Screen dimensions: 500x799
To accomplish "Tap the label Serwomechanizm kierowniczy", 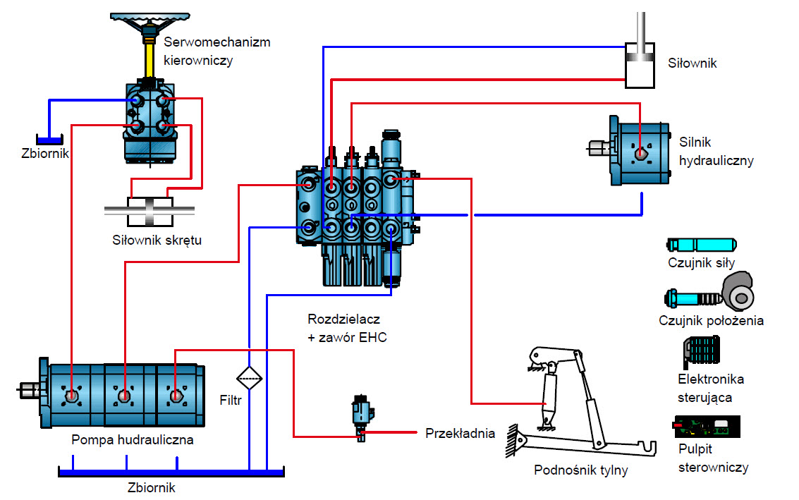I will (216, 51).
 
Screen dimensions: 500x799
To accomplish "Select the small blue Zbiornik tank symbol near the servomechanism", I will (49, 140).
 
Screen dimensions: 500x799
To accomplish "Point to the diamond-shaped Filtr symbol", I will (249, 379).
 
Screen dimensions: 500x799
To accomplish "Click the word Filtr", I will (231, 401).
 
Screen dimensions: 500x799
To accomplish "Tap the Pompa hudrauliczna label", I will (132, 440).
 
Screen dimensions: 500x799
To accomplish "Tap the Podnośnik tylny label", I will (580, 470).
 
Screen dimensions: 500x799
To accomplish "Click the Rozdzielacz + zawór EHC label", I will (347, 328).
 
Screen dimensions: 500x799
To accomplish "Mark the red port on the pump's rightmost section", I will (176, 396).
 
